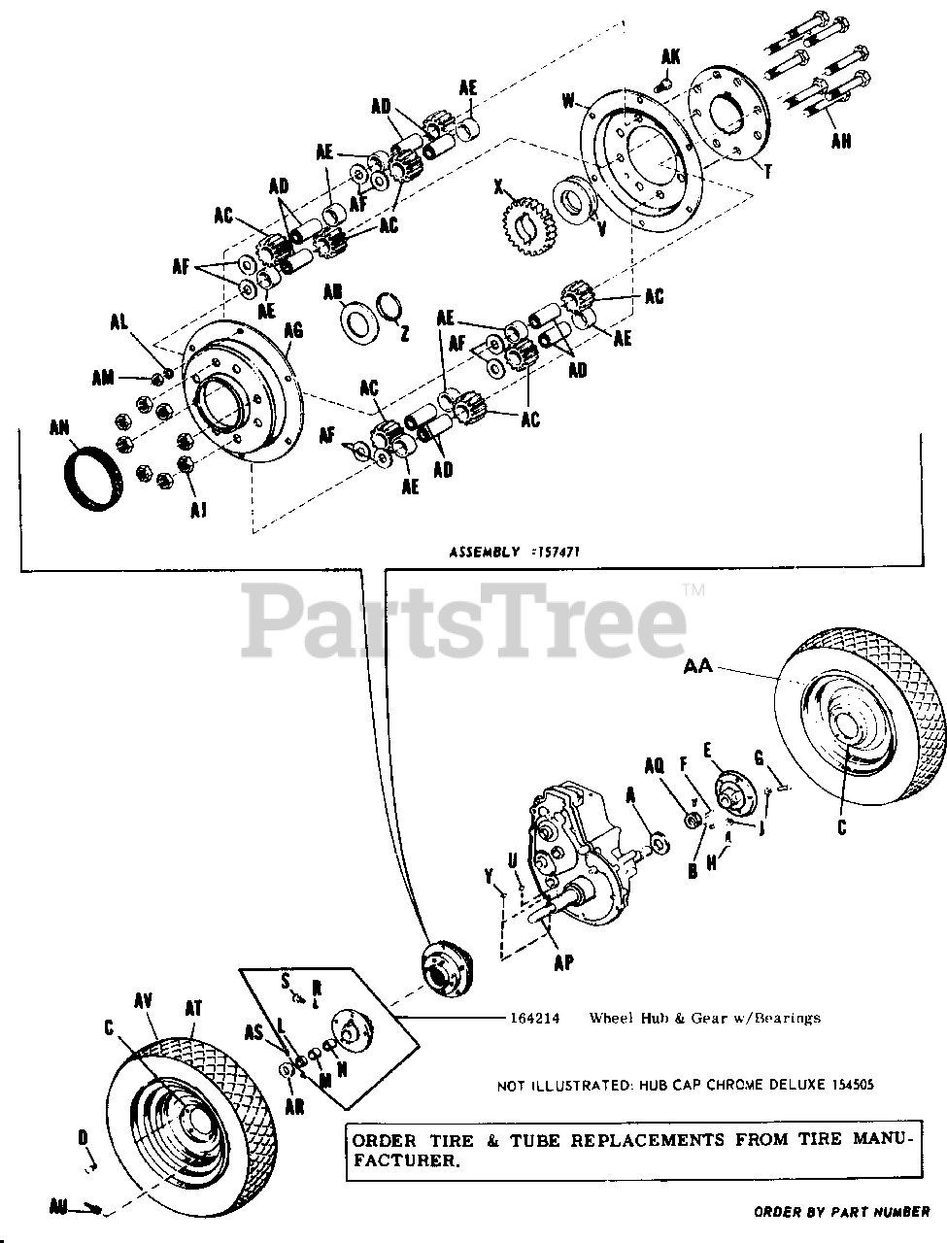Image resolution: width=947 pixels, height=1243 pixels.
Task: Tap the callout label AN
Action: (x=60, y=426)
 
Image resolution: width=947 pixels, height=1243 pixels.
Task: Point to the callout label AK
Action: (x=671, y=56)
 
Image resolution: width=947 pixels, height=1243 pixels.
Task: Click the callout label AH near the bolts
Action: (x=841, y=140)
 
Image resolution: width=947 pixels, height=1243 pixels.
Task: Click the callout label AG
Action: (x=293, y=331)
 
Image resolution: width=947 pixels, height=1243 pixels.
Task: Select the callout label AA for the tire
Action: (x=697, y=666)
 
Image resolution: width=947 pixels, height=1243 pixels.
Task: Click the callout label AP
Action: (x=562, y=962)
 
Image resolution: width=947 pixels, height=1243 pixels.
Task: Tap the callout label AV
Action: (x=145, y=999)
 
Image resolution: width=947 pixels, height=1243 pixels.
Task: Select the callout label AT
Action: (x=193, y=1009)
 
